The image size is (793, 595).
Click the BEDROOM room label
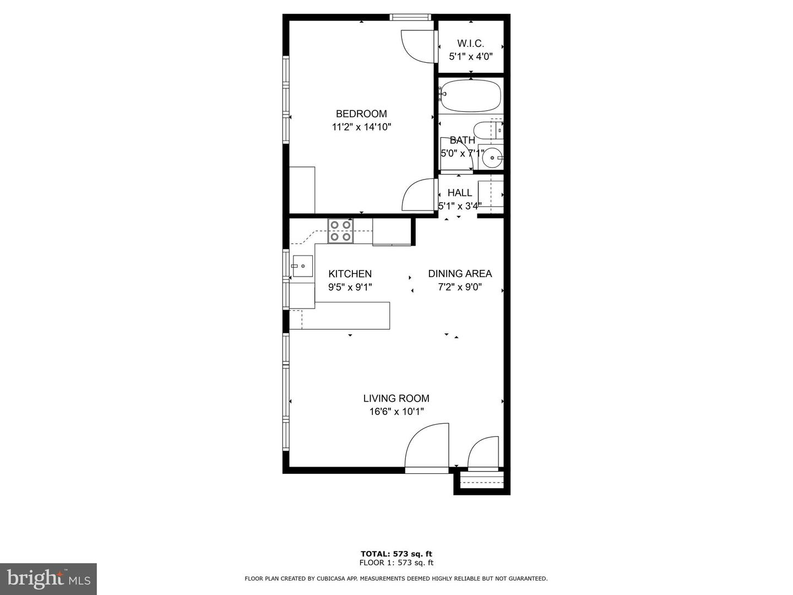(361, 114)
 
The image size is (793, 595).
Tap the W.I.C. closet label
(470, 44)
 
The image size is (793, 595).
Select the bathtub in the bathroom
(471, 96)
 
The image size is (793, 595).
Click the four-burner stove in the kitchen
(340, 231)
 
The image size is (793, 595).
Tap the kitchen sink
(302, 266)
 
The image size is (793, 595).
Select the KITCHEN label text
(350, 274)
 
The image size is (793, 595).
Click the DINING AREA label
(460, 274)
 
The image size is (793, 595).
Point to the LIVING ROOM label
(396, 398)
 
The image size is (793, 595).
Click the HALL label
(459, 193)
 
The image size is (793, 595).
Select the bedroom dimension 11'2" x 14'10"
(361, 127)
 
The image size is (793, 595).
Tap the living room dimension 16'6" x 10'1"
(396, 412)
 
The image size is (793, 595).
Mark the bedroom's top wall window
(410, 17)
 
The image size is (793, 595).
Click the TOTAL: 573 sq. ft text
(396, 554)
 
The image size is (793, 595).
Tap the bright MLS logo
(48, 578)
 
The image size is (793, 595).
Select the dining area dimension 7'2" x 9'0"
(460, 287)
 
